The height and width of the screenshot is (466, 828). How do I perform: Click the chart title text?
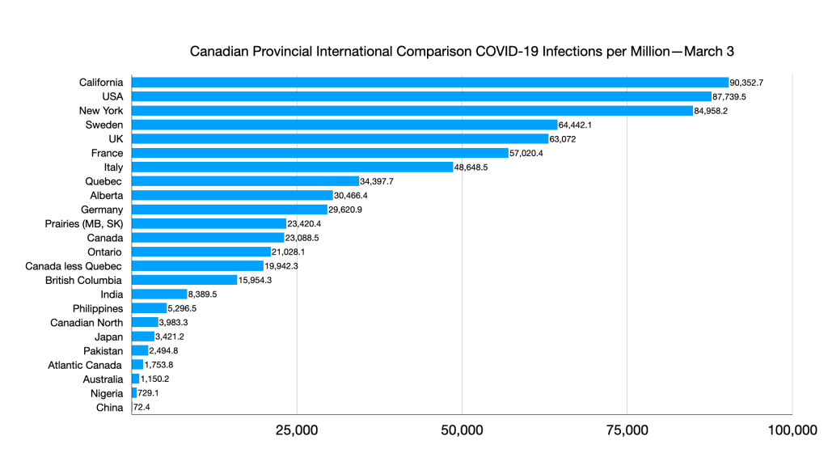(x=462, y=52)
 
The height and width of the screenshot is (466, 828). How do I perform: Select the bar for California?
(x=429, y=83)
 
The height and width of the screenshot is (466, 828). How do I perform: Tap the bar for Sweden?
(x=344, y=125)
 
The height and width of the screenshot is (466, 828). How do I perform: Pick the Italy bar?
(x=292, y=167)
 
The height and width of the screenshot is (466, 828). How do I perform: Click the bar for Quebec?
(x=245, y=181)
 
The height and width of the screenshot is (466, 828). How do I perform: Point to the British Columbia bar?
(x=184, y=280)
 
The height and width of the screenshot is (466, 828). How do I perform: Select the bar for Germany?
(x=229, y=210)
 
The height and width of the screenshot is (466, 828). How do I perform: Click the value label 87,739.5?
(x=729, y=96)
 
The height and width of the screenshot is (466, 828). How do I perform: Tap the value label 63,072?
(x=565, y=139)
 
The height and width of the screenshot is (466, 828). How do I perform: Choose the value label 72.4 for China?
(x=142, y=408)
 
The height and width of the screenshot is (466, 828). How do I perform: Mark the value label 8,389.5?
(x=202, y=294)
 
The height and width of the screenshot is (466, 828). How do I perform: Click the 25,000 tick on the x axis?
(x=297, y=430)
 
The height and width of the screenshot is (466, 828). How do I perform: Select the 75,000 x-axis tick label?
(x=627, y=430)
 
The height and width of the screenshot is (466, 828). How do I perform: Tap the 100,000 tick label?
(x=791, y=430)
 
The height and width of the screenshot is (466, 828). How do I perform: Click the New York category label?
(x=101, y=111)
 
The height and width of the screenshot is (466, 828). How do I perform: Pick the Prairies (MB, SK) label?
(x=84, y=223)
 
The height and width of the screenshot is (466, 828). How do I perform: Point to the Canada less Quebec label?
(x=74, y=266)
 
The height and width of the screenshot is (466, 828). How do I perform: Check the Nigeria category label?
(x=103, y=393)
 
